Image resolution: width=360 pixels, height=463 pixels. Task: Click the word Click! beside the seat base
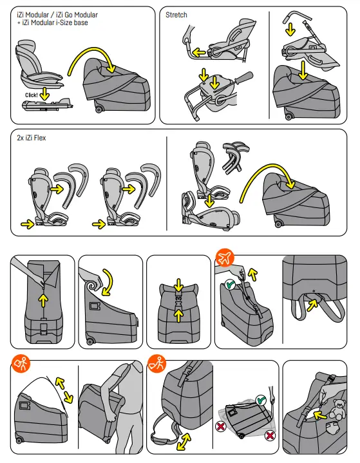(32, 95)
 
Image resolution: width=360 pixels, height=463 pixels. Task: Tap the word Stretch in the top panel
(176, 15)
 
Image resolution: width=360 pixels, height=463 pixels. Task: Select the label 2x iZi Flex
(32, 138)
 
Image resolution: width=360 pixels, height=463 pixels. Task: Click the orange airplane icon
(225, 258)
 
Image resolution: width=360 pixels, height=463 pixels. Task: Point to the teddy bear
(337, 409)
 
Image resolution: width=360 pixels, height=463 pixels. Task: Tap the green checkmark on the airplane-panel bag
(230, 285)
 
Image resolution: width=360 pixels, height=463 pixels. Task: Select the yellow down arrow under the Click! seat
(44, 93)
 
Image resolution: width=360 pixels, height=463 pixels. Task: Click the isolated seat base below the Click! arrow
(47, 106)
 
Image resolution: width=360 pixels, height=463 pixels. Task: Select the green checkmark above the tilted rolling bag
(261, 400)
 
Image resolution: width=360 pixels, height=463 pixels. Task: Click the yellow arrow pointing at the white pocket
(320, 415)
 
